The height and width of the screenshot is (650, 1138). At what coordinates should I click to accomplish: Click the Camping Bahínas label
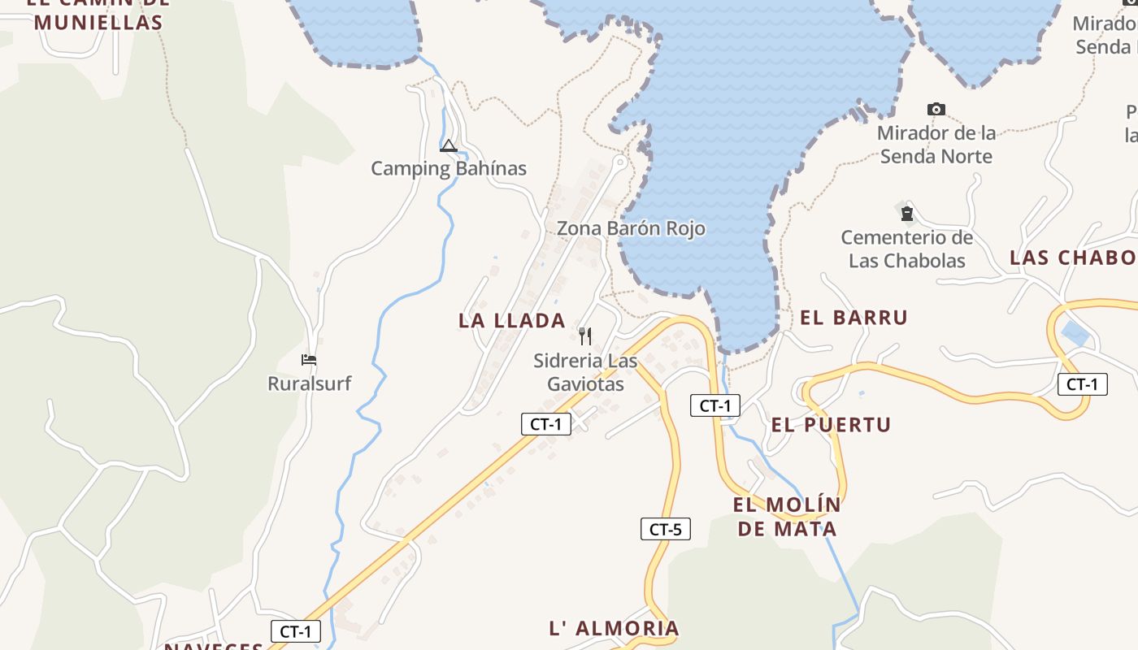pos(449,169)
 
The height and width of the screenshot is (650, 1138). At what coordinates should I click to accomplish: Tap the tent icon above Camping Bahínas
pos(448,146)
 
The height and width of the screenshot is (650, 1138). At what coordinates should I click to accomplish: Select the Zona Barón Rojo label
pos(631,229)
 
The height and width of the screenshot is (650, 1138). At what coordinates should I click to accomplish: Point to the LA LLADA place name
pos(512,321)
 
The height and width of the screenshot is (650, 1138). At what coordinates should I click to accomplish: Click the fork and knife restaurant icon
pos(585,336)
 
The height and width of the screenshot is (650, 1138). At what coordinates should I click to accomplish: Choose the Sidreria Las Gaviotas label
pos(585,372)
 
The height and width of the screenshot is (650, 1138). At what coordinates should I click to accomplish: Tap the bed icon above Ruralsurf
pos(309,359)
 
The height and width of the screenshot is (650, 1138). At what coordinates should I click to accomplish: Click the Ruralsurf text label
pos(310,383)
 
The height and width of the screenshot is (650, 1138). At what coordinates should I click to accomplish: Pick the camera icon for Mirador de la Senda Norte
pos(936,109)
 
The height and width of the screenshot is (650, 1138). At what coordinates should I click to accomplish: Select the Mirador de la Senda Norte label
pos(936,145)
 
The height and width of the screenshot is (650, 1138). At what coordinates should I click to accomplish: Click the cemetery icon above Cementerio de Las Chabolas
pos(906,214)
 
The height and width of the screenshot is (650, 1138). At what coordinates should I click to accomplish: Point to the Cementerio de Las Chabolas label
pos(907,249)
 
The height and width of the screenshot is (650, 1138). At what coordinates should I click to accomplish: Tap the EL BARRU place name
pos(853,318)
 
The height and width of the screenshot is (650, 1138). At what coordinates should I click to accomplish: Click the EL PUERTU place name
pos(831,425)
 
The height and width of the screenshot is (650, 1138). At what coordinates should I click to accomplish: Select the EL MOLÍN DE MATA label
pos(786,518)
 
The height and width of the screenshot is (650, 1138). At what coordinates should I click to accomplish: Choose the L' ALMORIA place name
pos(615,629)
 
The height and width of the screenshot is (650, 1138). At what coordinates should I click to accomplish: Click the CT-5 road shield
pos(665,530)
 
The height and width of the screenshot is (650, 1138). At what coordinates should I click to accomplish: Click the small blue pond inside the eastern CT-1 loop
pos(1075,334)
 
